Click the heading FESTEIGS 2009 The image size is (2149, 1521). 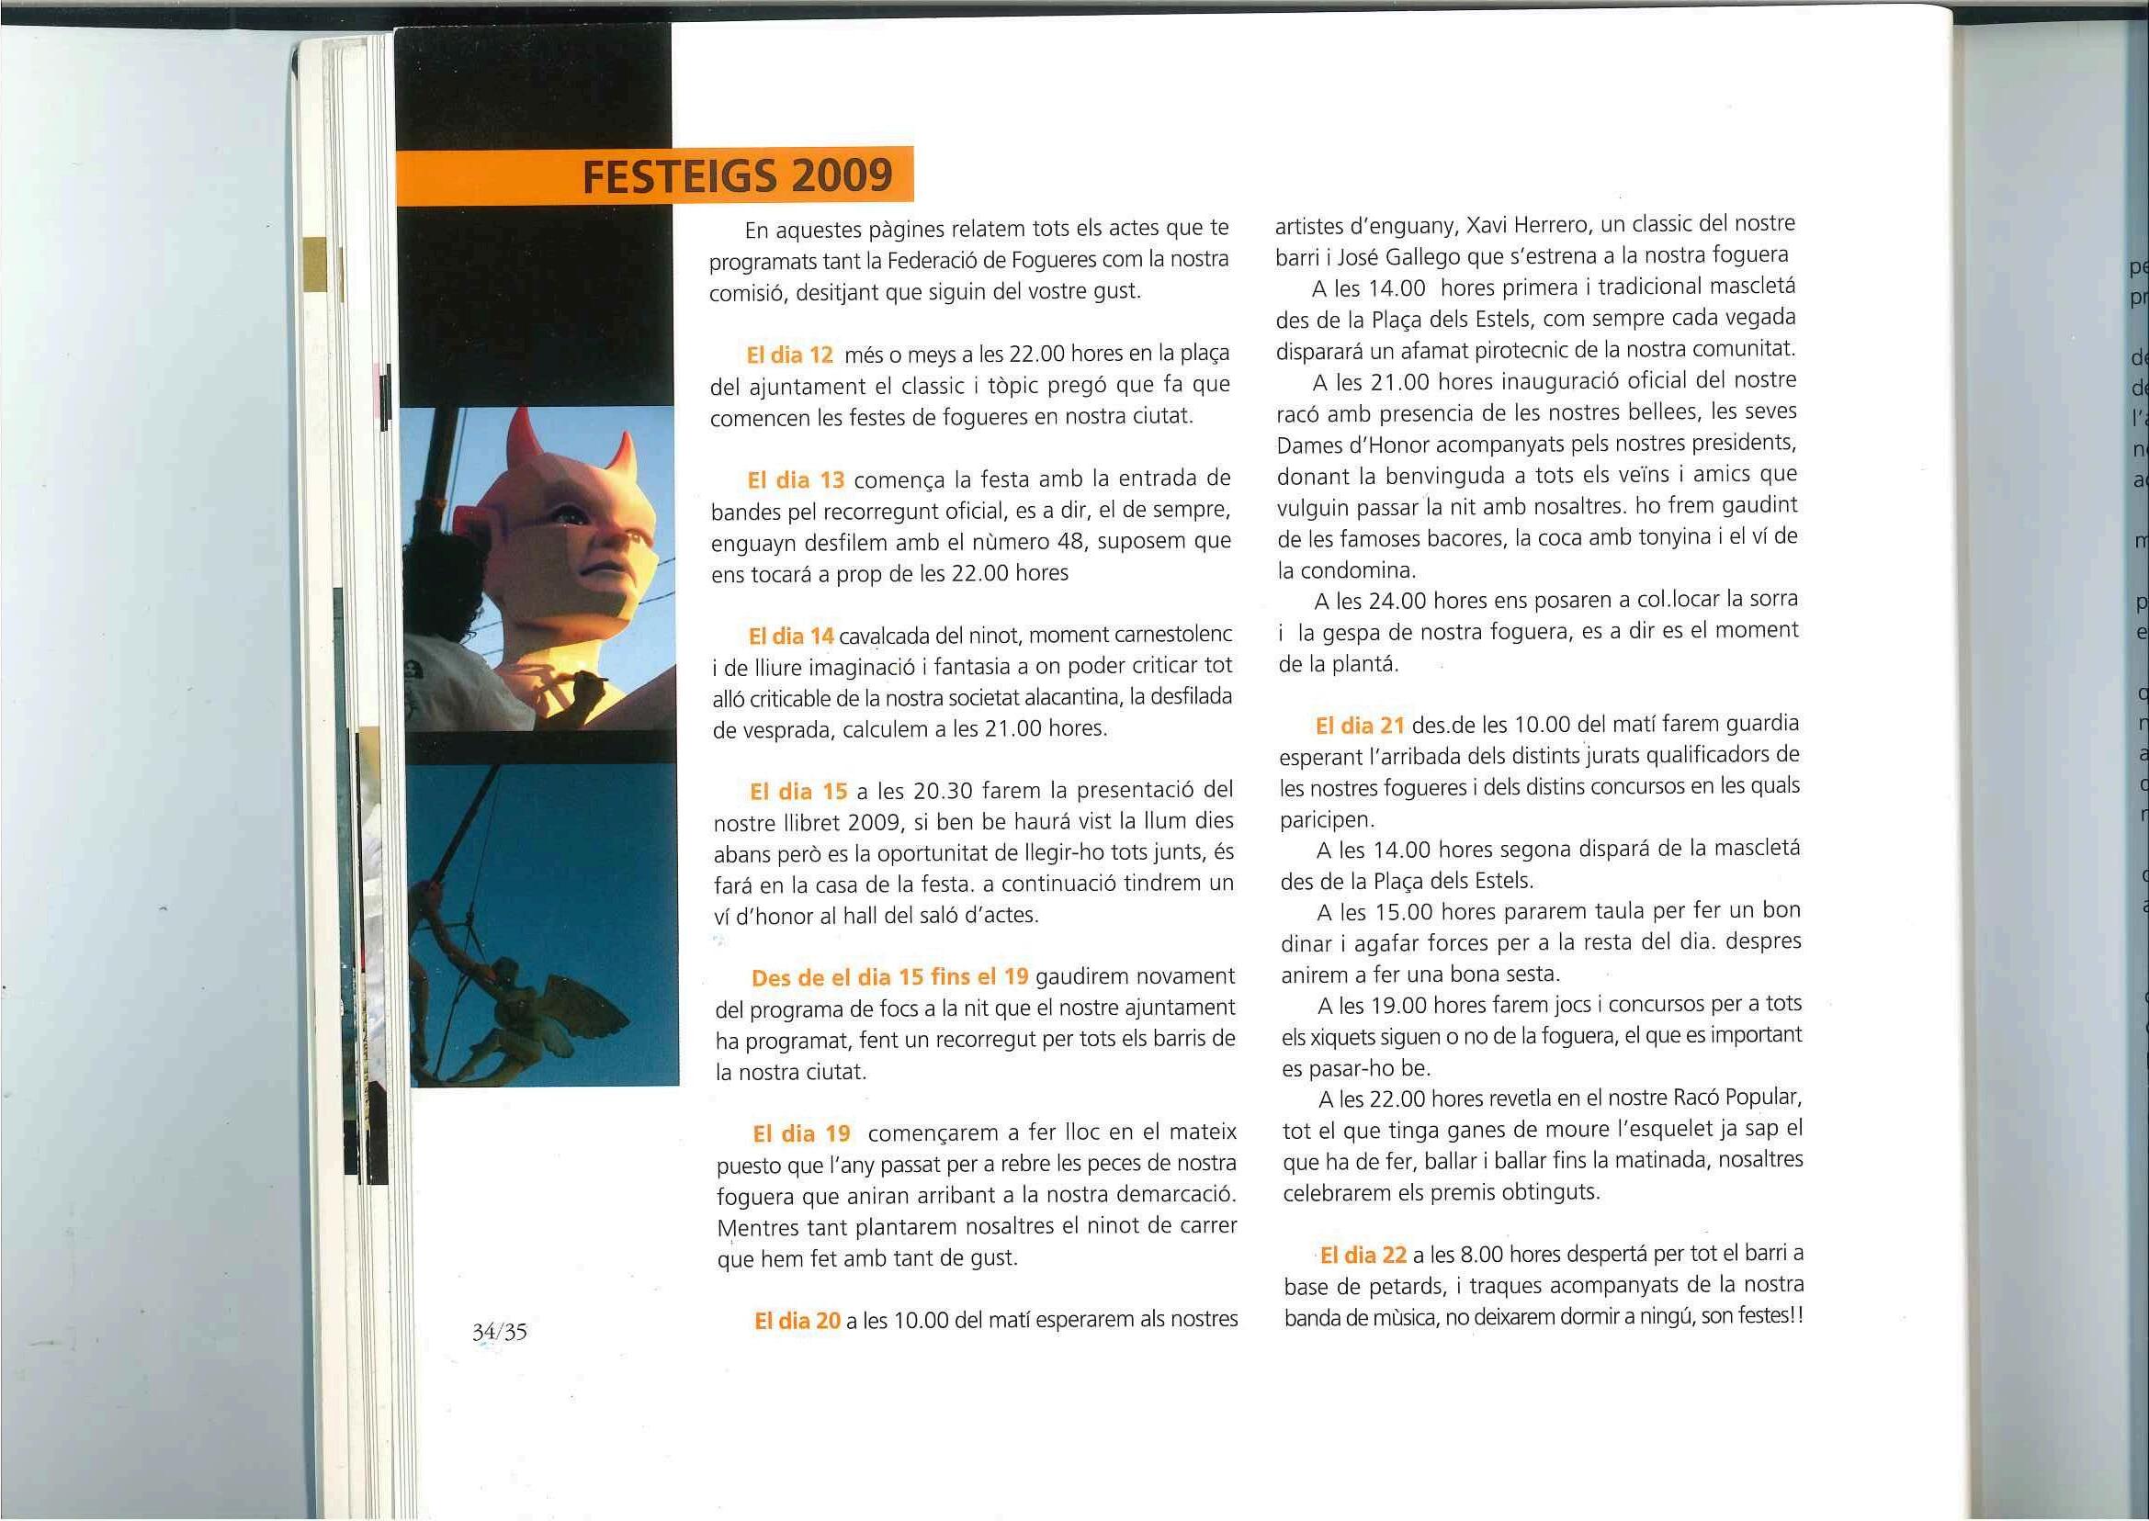[736, 176]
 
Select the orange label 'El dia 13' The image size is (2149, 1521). [797, 480]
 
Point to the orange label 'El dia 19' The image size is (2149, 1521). [802, 1134]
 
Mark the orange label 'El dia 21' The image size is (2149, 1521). [1359, 724]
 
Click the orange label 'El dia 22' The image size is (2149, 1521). [1363, 1254]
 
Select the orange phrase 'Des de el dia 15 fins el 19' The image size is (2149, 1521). [890, 978]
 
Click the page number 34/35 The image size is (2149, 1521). [500, 1331]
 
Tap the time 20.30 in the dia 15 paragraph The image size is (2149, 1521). [940, 792]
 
